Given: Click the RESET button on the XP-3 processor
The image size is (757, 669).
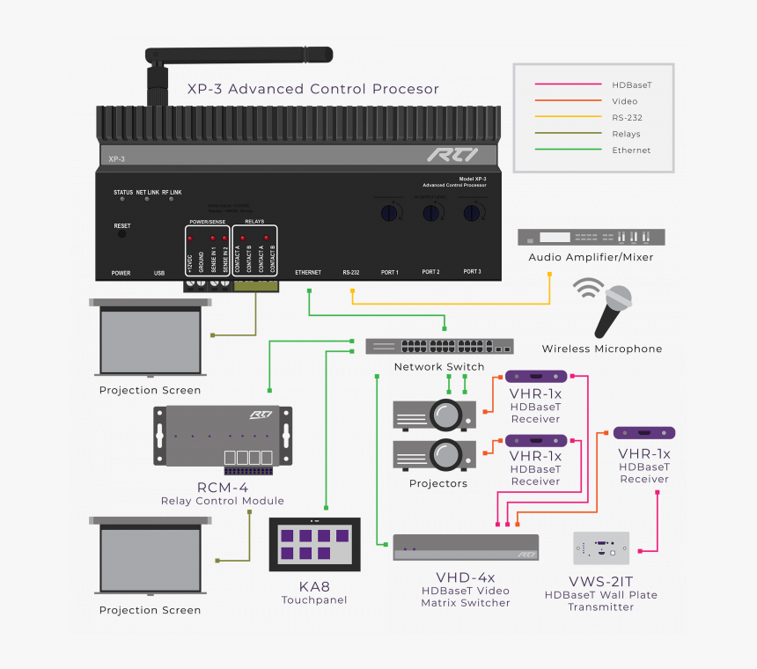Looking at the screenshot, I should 121,235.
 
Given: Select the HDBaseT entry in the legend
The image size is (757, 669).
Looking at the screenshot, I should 631,85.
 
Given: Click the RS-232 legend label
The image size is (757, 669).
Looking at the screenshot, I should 628,117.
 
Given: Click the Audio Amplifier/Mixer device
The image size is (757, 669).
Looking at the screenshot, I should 591,237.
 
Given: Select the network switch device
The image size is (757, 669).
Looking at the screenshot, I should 439,346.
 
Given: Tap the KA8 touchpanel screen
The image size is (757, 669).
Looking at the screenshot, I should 314,546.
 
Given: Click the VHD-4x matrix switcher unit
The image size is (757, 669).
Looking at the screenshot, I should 466,547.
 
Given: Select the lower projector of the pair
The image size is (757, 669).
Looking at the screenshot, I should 434,453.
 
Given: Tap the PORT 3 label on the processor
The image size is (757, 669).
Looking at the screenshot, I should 472,273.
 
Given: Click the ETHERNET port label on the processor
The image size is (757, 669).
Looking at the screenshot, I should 308,273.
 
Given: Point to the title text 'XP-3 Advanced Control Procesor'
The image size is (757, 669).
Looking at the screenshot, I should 312,89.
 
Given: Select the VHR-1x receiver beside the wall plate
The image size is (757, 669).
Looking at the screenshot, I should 644,433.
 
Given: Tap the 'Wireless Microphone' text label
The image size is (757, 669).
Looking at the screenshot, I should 601,349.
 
